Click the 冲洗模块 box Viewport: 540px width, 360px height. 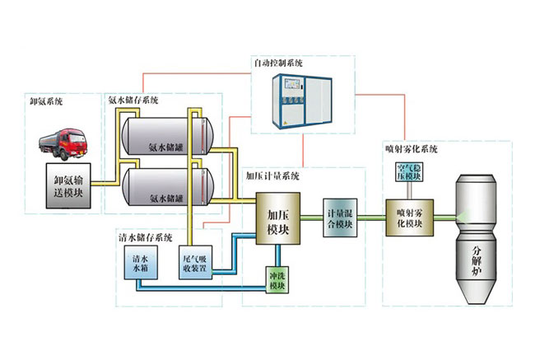277,280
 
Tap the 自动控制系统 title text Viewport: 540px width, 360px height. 280,62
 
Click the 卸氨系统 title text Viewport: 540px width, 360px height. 46,102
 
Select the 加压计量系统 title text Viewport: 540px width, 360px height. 273,175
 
